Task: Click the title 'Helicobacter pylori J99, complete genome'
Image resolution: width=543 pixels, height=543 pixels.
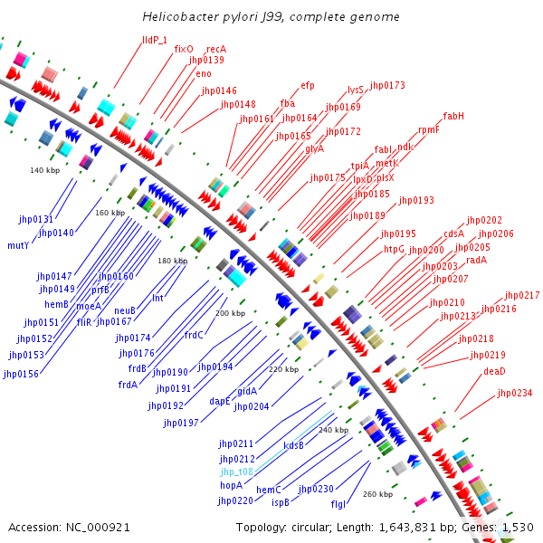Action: [271, 17]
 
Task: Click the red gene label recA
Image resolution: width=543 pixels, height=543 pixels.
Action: [216, 49]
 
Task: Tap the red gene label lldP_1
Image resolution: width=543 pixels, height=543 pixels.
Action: [155, 40]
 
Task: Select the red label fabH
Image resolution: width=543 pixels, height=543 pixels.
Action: [453, 116]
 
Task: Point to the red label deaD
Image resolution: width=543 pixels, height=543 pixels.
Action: [494, 371]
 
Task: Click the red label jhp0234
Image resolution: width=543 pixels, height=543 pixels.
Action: [515, 393]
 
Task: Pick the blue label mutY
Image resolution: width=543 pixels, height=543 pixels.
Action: [18, 244]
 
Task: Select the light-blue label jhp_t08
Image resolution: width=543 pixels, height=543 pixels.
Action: [236, 472]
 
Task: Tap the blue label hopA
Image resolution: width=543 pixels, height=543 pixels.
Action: [232, 485]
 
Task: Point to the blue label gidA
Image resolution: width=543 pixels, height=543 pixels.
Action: [247, 391]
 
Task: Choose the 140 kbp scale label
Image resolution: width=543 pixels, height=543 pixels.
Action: [44, 170]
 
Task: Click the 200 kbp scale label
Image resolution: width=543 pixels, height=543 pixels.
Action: [230, 313]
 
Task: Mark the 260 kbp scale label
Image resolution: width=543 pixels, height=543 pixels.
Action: [377, 494]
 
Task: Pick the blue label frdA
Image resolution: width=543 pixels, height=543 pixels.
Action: [128, 385]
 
